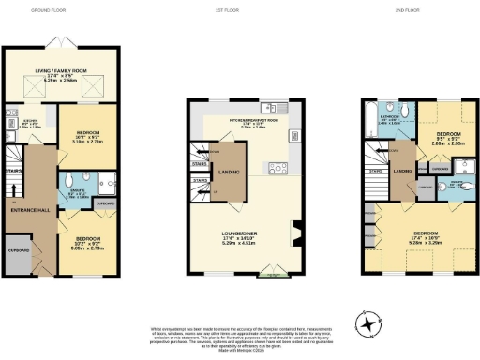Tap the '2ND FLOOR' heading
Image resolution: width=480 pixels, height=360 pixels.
tap(416, 9)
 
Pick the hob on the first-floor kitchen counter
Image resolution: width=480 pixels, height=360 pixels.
tap(277, 170)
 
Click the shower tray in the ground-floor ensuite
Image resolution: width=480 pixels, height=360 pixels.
tap(108, 183)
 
